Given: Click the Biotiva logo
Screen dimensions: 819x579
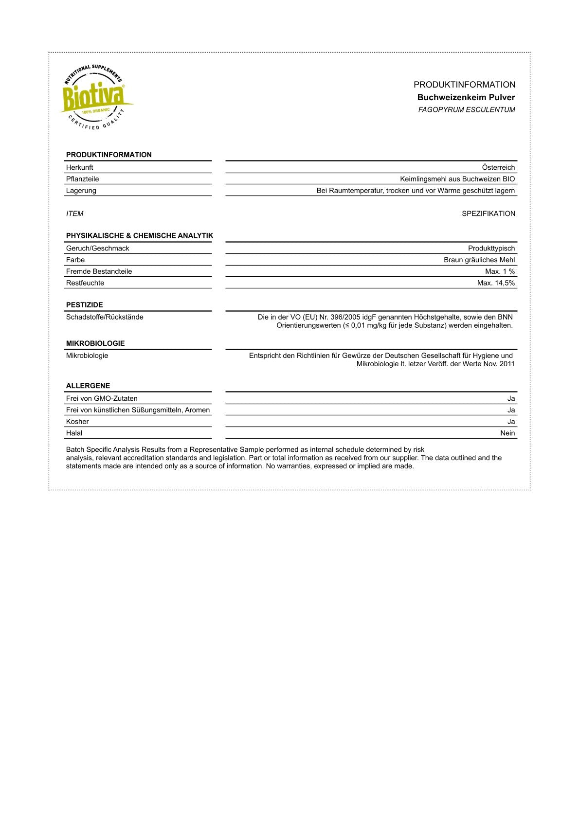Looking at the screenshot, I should [x=96, y=97].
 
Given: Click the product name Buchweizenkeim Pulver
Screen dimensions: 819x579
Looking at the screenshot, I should [x=466, y=97].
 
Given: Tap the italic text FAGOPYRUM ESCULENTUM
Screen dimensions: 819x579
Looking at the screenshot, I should [x=466, y=110].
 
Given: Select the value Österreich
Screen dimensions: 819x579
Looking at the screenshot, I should [x=498, y=167].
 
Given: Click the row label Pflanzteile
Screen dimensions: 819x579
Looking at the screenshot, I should [x=83, y=179].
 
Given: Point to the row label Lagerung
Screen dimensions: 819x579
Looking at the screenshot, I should [x=81, y=191].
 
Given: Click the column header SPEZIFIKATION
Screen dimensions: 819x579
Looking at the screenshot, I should [x=488, y=214].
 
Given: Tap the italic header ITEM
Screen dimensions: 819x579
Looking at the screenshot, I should [x=75, y=214].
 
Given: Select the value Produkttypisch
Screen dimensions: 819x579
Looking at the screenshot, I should [x=491, y=249].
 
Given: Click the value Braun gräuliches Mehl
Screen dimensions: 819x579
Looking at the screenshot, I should [x=479, y=260].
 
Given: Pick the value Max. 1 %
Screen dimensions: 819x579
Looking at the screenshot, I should [x=500, y=271].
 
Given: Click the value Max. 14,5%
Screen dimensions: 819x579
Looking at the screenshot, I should [x=496, y=283].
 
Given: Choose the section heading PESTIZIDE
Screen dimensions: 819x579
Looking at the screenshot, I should [x=85, y=305].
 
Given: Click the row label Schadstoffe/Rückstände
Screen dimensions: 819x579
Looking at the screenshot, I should [x=105, y=317].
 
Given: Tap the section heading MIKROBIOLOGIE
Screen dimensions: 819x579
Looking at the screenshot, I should [x=95, y=343].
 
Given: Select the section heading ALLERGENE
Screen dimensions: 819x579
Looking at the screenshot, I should [x=88, y=386].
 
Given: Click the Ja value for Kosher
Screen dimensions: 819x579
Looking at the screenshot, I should [x=511, y=422].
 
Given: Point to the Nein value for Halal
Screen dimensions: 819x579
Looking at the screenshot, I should [x=507, y=433].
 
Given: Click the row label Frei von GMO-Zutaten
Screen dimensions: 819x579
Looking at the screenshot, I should [x=102, y=398].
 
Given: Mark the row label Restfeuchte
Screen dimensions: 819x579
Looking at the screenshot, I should [x=85, y=283].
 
